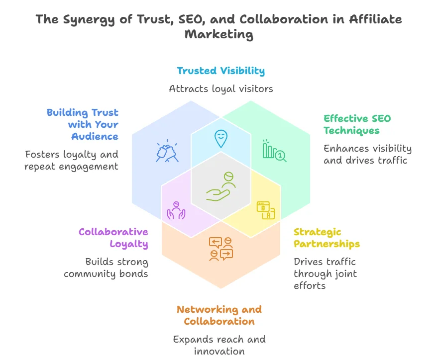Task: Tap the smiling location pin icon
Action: coord(221,138)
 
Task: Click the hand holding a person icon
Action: coord(221,187)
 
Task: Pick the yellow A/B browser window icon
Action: coord(266,210)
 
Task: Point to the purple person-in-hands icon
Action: coord(176,210)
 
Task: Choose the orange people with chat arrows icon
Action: coord(221,249)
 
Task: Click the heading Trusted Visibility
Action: coord(221,71)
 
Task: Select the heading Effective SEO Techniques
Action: coord(357,124)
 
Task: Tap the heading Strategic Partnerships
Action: coord(327,238)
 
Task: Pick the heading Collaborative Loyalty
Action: coord(113,238)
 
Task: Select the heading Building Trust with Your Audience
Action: coord(83,124)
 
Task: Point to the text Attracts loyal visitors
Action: coord(221,89)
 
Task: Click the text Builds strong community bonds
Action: coord(106,268)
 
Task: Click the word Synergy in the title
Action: coord(91,19)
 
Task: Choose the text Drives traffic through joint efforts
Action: coord(325,273)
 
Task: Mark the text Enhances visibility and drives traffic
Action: coord(367,154)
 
